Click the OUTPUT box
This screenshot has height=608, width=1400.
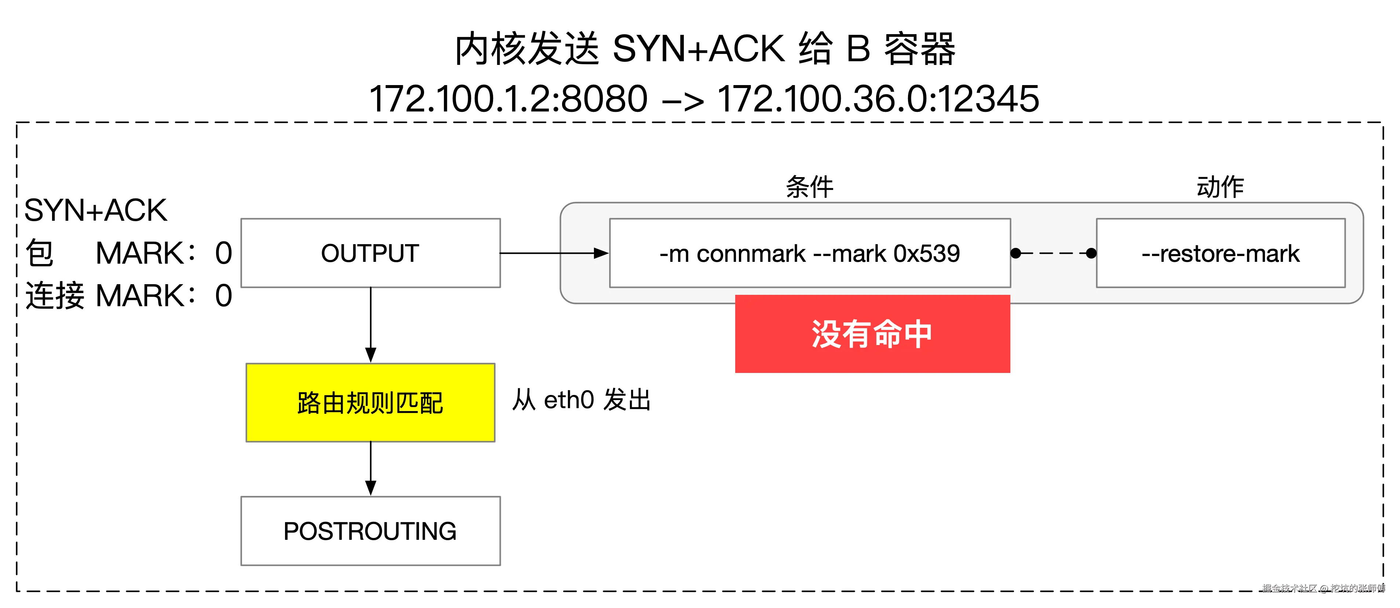[370, 253]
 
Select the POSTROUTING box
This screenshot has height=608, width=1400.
[370, 531]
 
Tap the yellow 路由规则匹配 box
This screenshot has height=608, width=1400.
[370, 403]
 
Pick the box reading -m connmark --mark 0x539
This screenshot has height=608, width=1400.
[809, 253]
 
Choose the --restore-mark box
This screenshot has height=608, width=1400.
[1220, 253]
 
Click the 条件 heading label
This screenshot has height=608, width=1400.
[809, 187]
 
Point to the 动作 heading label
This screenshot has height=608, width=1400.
[1220, 187]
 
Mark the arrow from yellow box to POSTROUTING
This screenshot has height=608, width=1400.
[371, 467]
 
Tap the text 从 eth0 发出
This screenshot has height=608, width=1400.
[581, 400]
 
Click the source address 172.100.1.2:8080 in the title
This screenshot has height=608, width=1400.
[508, 99]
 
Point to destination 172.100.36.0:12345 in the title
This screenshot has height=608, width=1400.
[878, 99]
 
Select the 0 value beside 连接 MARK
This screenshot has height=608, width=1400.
[223, 296]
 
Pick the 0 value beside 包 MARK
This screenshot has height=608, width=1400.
[223, 253]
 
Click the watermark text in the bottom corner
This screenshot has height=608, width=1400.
[1323, 588]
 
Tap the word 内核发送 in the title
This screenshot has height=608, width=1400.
[526, 49]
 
